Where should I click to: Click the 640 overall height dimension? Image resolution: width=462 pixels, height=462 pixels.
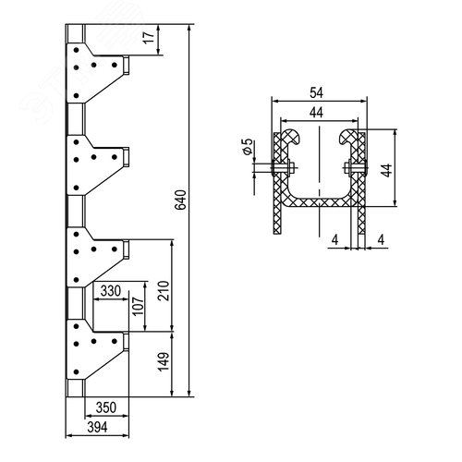pos(180,200)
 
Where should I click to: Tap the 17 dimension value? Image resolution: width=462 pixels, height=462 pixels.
pos(150,37)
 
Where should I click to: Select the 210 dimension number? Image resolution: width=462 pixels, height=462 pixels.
pos(164,291)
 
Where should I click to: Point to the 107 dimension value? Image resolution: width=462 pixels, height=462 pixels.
pos(139,306)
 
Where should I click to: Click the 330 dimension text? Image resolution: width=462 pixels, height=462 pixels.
pos(111,290)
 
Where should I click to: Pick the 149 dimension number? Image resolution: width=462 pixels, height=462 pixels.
pos(164,362)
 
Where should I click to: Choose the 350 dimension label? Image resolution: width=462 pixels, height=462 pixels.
pos(106,407)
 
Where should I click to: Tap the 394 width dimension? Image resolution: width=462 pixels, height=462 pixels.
pos(98,427)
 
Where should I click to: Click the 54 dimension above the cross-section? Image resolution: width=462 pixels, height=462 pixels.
pos(317,92)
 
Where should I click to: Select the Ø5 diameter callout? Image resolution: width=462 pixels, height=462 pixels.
pos(248,146)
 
